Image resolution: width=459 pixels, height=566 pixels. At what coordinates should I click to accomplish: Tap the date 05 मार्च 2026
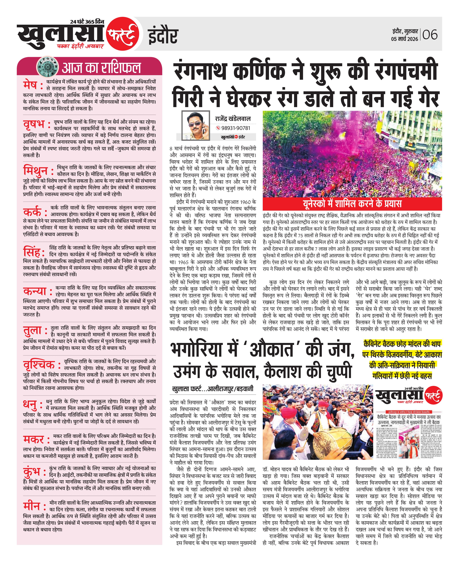pos(404,39)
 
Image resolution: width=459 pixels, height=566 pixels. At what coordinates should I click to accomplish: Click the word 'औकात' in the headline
pos(272,350)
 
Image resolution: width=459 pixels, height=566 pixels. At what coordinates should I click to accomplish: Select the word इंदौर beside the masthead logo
pos(163,36)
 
